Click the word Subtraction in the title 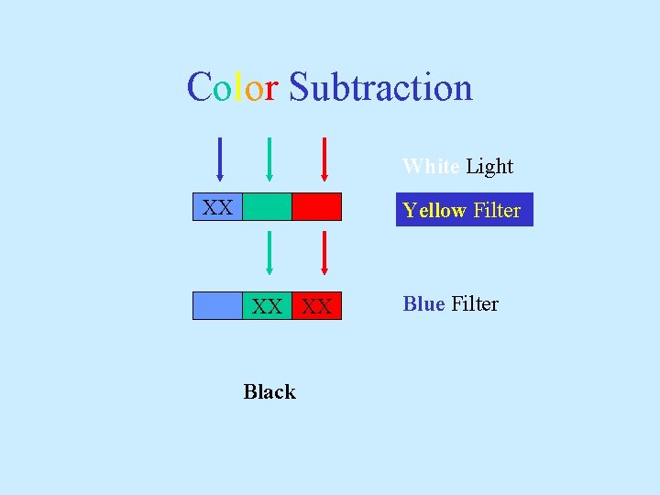click(380, 88)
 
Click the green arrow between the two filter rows click(269, 252)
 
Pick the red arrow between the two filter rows click(324, 252)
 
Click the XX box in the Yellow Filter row click(217, 207)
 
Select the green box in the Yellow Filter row click(268, 207)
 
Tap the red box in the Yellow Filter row click(316, 207)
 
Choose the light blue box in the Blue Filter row click(217, 305)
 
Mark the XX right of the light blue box click(267, 306)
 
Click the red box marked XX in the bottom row click(317, 306)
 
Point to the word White click(431, 167)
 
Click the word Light click(489, 167)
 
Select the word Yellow click(434, 211)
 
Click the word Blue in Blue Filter click(423, 304)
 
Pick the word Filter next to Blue click(475, 304)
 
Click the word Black click(269, 392)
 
